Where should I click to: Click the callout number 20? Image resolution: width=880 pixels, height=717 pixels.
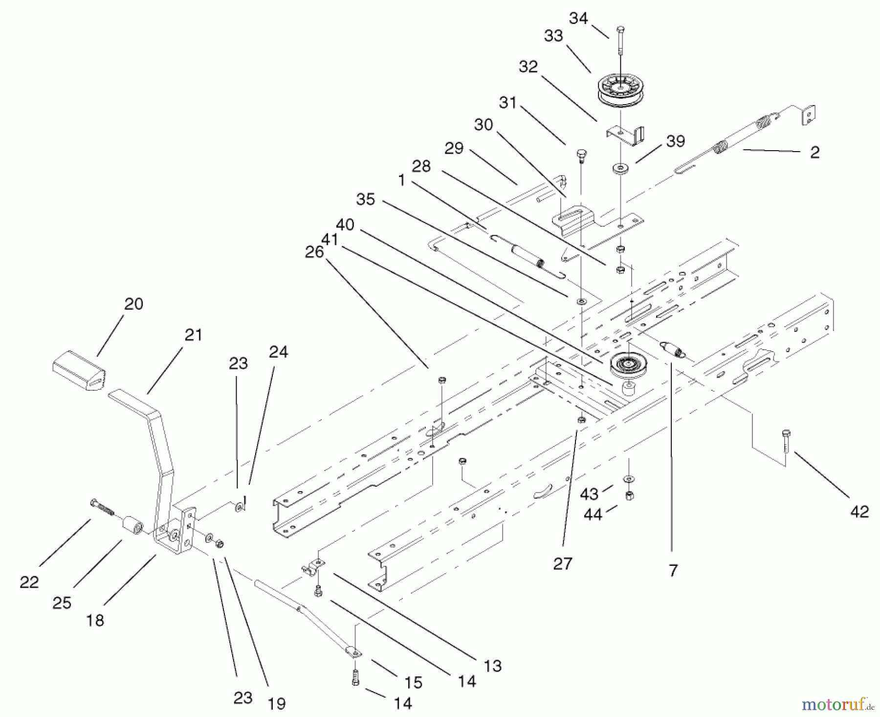(x=133, y=304)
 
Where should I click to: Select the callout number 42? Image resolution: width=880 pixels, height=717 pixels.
(x=859, y=512)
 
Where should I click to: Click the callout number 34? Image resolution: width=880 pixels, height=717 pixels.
(x=578, y=18)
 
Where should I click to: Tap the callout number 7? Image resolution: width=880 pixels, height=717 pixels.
(x=673, y=570)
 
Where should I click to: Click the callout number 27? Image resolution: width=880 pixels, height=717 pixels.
(x=562, y=563)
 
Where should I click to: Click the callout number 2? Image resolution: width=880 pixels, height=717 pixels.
(x=814, y=152)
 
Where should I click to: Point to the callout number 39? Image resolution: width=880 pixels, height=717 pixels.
(x=675, y=141)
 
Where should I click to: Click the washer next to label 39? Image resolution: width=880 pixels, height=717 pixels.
(x=620, y=169)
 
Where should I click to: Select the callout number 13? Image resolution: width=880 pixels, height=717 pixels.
(x=492, y=666)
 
